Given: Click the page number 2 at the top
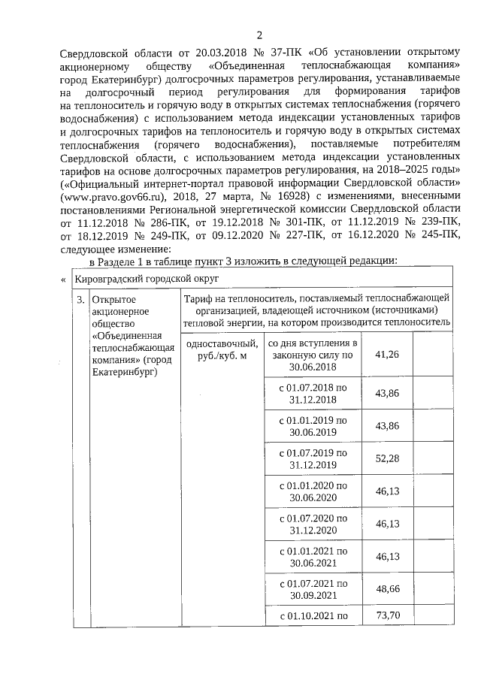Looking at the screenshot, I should tap(259, 35).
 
